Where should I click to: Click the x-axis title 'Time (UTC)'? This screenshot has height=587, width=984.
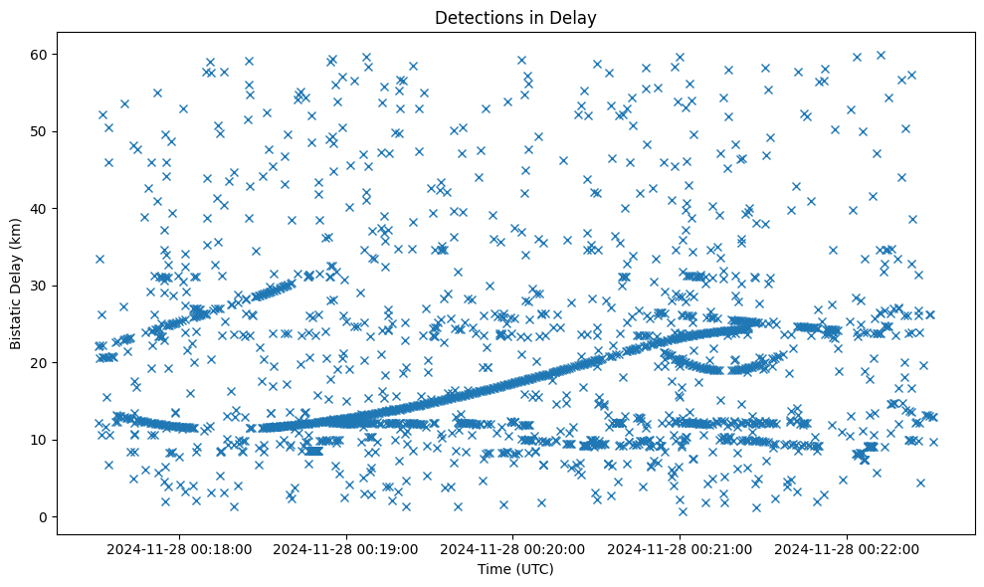(x=515, y=570)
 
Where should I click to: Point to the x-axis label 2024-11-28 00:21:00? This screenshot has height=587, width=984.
(x=682, y=548)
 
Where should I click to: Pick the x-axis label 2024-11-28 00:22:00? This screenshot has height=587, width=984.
(x=849, y=548)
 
